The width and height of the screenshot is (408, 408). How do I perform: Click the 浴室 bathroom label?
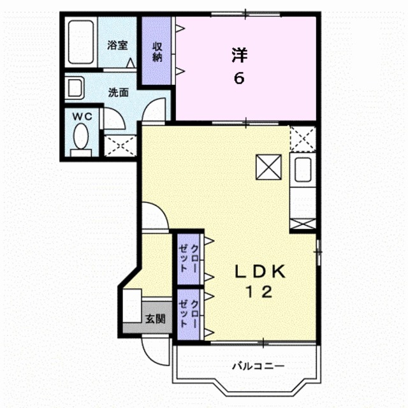117,45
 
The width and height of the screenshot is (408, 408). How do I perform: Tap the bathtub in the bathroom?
81,42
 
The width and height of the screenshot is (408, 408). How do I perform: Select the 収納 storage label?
157,52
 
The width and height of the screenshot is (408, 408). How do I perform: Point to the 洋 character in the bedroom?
240,55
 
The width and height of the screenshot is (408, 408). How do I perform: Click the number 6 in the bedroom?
239,78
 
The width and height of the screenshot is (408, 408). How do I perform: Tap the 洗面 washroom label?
119,92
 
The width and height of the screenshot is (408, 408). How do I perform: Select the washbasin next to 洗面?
75,88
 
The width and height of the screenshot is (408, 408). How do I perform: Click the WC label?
82,117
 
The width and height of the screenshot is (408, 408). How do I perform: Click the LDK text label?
260,272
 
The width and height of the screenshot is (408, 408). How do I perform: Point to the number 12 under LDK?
259,292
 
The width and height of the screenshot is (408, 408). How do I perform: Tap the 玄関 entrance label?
155,319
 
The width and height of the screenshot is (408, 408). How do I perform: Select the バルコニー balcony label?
258,367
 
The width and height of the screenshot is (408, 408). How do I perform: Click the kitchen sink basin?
303,170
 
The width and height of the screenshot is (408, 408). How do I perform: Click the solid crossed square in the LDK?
269,167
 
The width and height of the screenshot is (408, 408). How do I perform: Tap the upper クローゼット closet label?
189,258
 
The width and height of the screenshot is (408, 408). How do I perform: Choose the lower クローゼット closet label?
189,314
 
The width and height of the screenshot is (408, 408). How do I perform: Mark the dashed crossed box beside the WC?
120,145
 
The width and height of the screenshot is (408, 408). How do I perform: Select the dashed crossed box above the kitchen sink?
303,139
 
